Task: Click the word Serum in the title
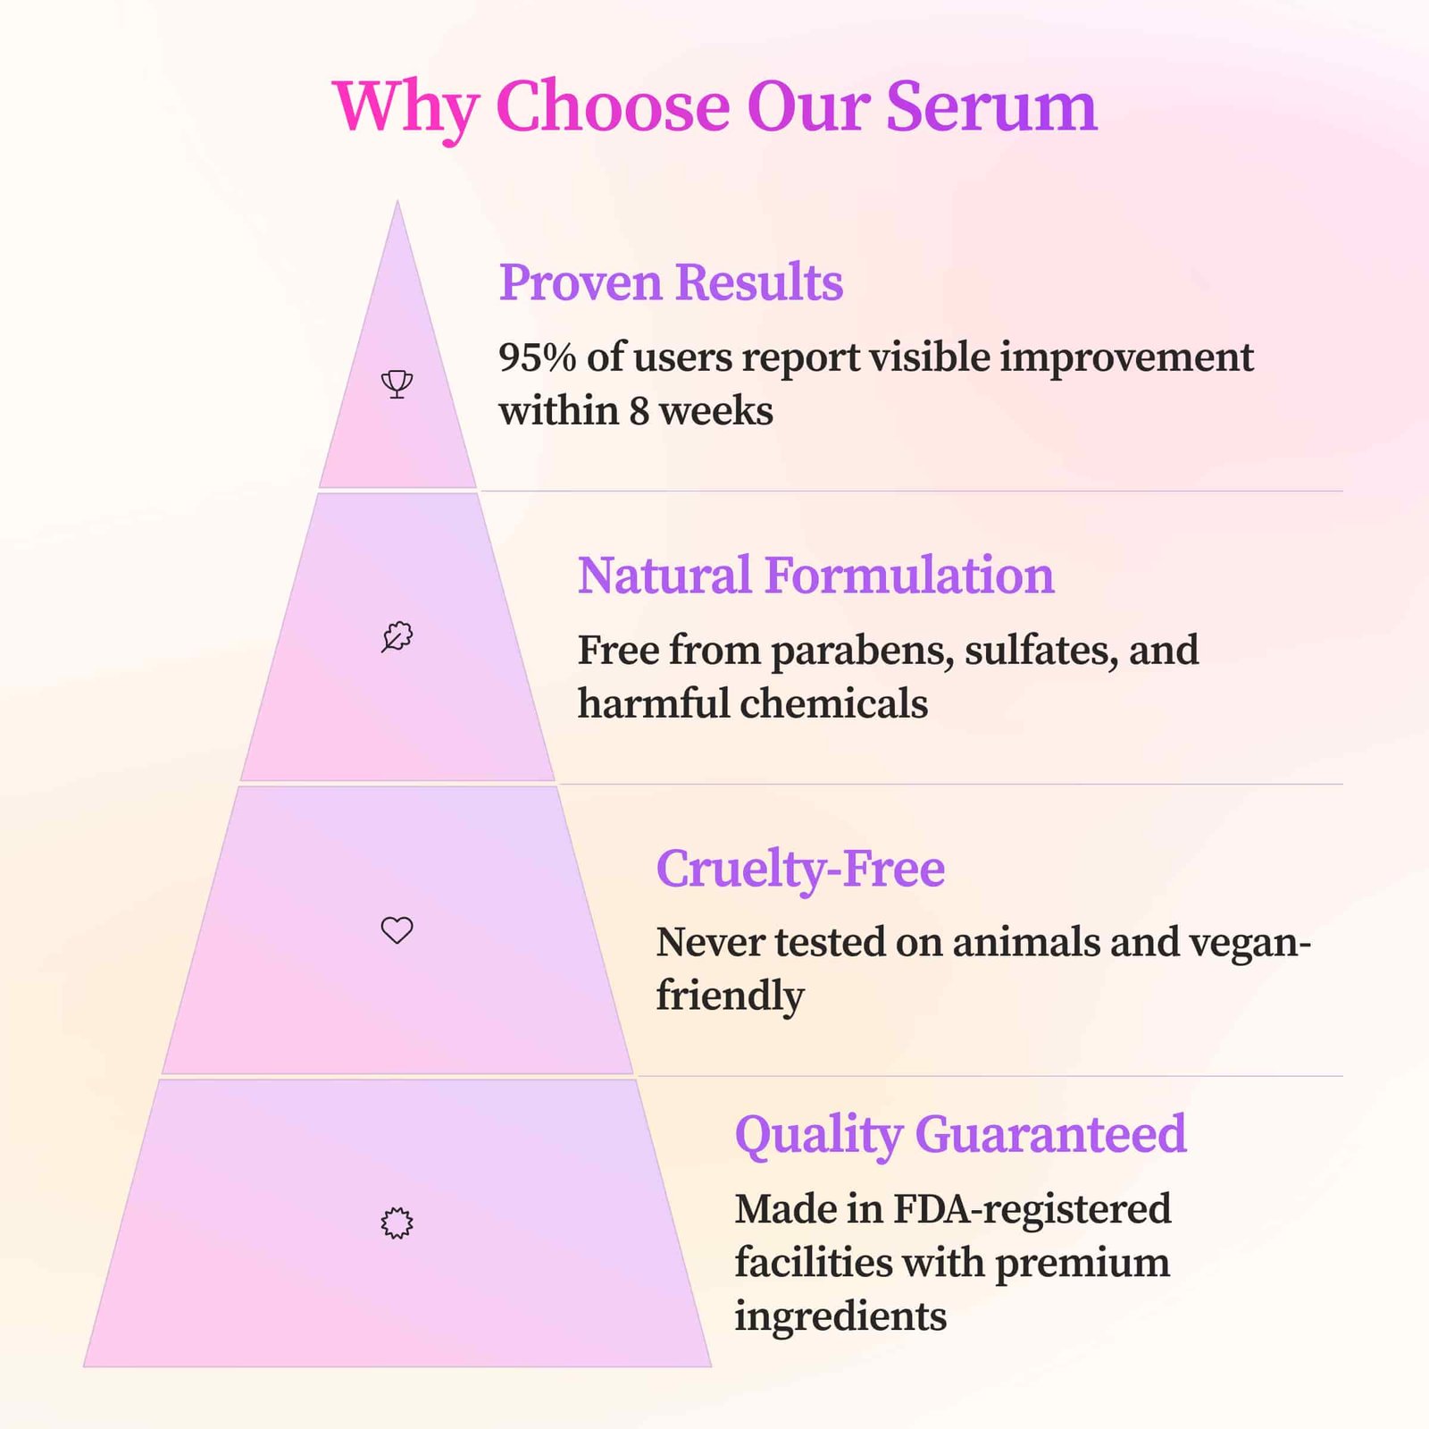click(991, 107)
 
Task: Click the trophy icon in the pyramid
click(397, 384)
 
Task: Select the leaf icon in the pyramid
click(397, 637)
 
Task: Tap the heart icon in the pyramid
click(397, 930)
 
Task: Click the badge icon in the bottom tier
click(397, 1223)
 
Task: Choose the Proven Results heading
click(671, 282)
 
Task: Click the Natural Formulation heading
click(815, 575)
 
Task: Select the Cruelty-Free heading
click(800, 869)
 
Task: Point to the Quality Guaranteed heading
click(960, 1135)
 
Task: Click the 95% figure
click(538, 357)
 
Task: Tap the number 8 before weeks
click(639, 411)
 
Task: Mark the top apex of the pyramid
click(397, 201)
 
